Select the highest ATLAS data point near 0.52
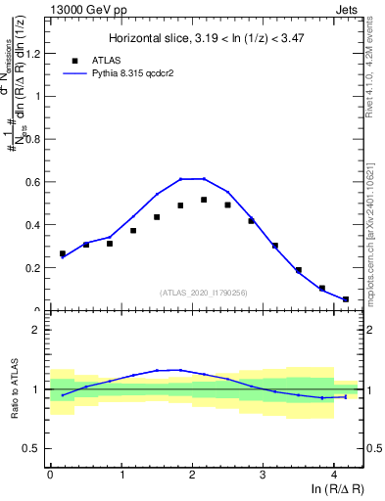[x=204, y=200]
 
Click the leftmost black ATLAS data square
[x=63, y=253]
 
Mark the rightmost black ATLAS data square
[x=345, y=299]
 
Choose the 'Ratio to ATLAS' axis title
[x=13, y=389]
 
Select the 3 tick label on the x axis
[x=263, y=475]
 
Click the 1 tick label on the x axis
[x=120, y=475]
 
